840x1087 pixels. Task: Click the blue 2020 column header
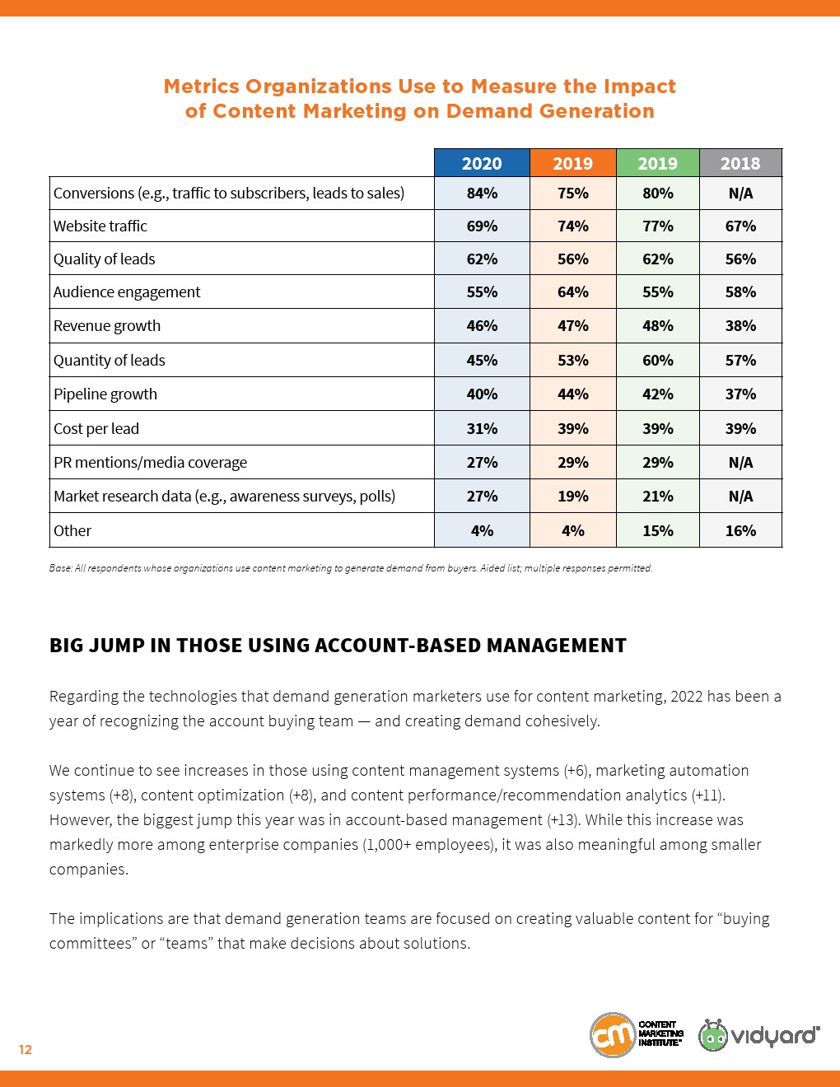[482, 163]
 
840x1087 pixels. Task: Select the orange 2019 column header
[572, 163]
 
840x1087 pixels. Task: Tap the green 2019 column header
[657, 163]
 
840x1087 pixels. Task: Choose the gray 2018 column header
[740, 163]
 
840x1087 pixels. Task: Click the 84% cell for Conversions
[482, 194]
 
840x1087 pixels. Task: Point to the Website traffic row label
[100, 226]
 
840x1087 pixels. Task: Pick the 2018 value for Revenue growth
[740, 326]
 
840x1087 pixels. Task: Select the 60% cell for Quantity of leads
[657, 361]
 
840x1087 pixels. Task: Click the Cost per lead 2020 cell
[482, 429]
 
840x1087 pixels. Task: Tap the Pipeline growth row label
[105, 394]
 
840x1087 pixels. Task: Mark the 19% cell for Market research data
[572, 497]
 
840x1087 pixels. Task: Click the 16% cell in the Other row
[740, 531]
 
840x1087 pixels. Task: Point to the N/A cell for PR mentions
[740, 463]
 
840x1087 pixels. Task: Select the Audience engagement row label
[127, 292]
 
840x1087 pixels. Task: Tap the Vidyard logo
[759, 1035]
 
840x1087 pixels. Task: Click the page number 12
[26, 1049]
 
